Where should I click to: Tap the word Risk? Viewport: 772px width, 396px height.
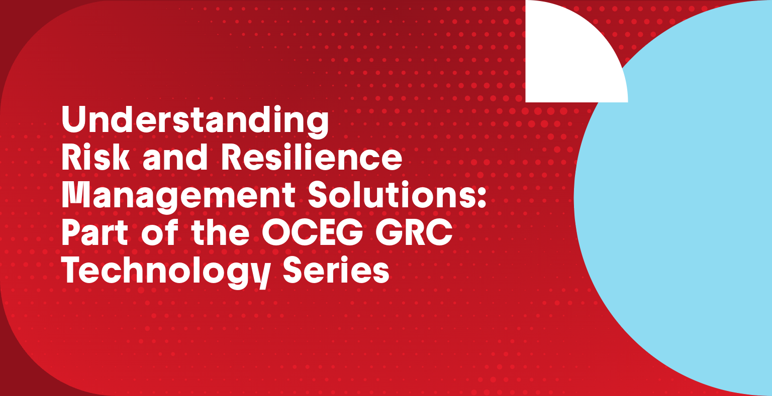[96, 157]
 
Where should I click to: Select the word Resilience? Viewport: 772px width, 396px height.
[312, 157]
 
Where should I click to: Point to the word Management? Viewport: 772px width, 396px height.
[178, 197]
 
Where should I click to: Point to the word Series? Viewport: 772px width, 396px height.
[336, 270]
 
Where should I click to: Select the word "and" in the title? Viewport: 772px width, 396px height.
[175, 158]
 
